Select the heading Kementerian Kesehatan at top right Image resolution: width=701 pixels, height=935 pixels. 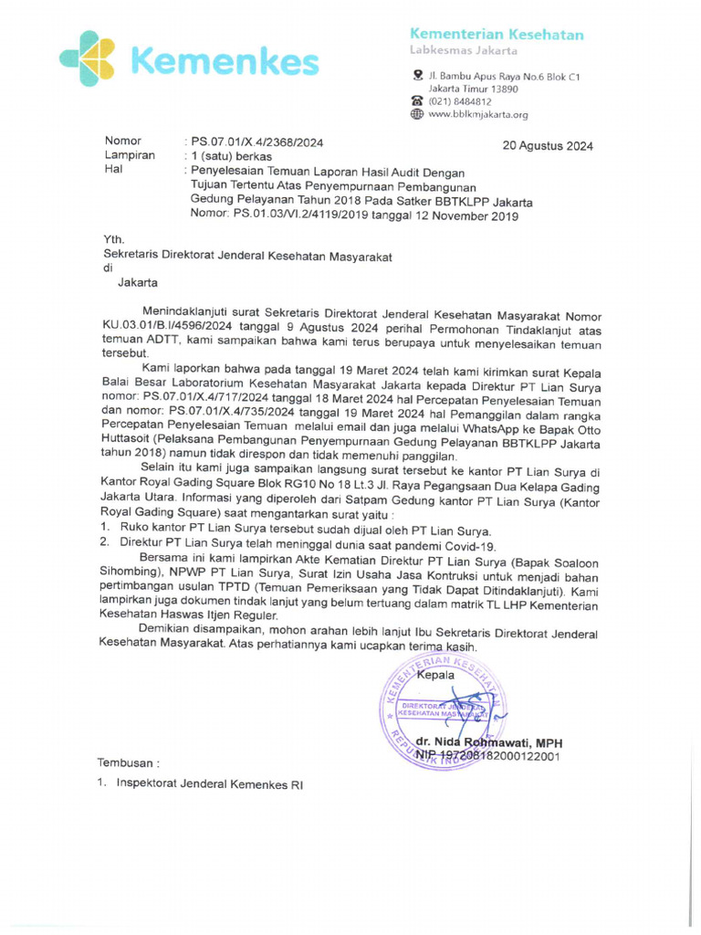click(x=497, y=35)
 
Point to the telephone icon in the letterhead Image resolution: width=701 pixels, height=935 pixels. click(x=417, y=101)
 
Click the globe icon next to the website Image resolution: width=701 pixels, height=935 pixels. click(x=417, y=115)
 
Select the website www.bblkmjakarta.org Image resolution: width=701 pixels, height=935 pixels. click(x=478, y=115)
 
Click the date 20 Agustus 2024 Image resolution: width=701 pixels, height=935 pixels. click(x=548, y=146)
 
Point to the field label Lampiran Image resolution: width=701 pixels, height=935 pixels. click(x=130, y=156)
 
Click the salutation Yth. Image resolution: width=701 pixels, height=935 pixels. click(x=114, y=239)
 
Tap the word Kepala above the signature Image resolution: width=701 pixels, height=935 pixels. click(x=435, y=677)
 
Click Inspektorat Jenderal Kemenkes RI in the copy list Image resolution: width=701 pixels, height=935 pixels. click(x=209, y=784)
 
